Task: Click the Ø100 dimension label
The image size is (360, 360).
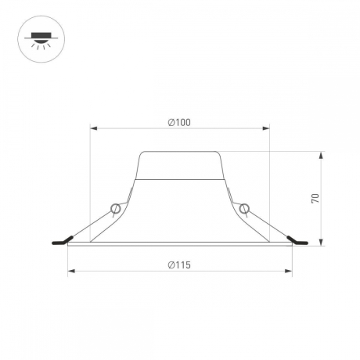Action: coord(179,122)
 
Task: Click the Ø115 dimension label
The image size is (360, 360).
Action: coord(179,265)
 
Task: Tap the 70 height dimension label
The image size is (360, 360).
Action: coord(315,199)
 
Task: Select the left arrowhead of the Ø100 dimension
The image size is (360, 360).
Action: coord(94,128)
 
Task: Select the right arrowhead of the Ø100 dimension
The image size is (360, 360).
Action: coord(266,128)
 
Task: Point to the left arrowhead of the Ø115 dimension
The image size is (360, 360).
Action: coord(71,272)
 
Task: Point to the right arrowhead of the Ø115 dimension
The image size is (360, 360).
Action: coord(289,272)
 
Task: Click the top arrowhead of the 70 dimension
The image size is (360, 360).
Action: coord(322,155)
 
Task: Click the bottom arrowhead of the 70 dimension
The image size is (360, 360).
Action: coord(322,243)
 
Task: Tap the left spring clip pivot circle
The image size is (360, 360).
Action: coord(115,209)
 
